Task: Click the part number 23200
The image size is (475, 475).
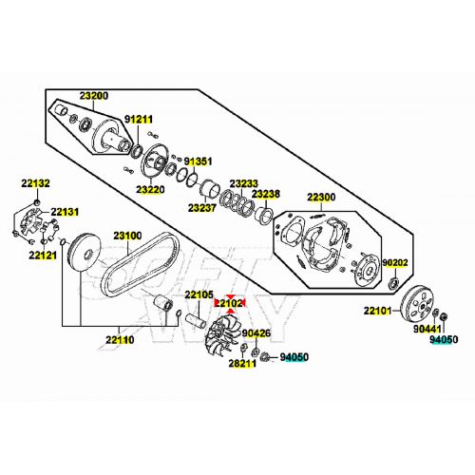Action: [x=94, y=95]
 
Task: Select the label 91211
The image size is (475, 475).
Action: [x=139, y=120]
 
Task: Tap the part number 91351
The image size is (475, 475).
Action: [x=198, y=161]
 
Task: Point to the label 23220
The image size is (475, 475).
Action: [x=150, y=189]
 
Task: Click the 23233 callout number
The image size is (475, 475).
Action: [x=243, y=183]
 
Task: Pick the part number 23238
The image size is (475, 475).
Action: [x=266, y=194]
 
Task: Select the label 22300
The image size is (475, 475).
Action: [x=321, y=198]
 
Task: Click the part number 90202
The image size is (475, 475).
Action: [x=395, y=262]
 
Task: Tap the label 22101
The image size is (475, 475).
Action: [x=377, y=311]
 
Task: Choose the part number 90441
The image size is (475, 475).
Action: [x=427, y=329]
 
